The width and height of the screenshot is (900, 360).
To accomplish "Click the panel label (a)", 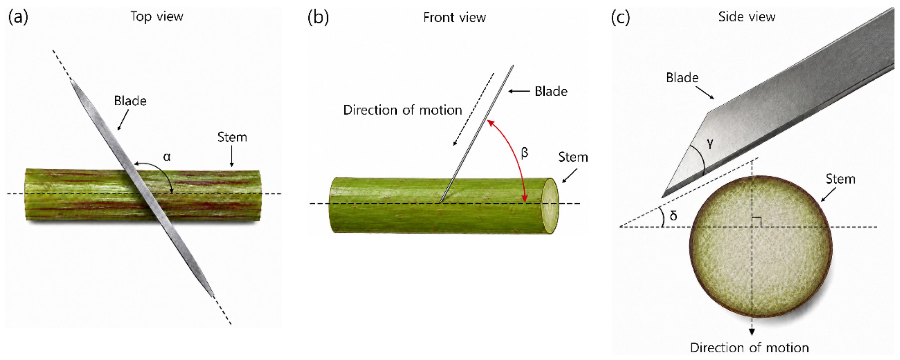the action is [x=18, y=17].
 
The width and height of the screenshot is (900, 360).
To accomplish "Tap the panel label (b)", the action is [x=318, y=17].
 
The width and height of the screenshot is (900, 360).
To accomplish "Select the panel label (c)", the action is [x=620, y=17].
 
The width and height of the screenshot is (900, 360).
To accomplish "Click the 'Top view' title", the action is [x=157, y=17].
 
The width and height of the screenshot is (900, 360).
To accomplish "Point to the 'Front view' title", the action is [x=455, y=17].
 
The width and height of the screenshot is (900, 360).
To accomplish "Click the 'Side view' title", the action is [x=747, y=17].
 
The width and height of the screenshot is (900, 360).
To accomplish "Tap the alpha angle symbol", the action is [x=167, y=157].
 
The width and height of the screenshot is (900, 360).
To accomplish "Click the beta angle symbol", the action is [x=525, y=153].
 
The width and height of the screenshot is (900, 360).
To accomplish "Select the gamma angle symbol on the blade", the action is [x=710, y=144].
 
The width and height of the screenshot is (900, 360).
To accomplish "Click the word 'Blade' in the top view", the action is [x=130, y=101].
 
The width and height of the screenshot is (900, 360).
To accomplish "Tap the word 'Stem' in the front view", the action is [x=573, y=157].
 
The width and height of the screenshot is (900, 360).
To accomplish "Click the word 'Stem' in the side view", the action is [x=840, y=179].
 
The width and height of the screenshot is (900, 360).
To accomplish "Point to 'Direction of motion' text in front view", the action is [x=403, y=110].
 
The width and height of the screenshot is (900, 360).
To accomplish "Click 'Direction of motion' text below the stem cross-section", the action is [x=749, y=348].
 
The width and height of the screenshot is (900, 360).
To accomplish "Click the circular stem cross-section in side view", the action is [x=761, y=247].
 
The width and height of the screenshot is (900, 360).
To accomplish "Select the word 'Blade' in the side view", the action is [x=682, y=77].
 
